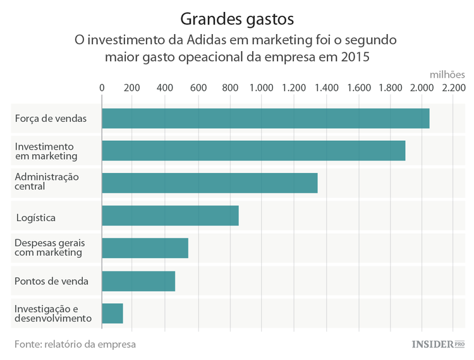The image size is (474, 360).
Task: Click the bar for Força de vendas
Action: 265,118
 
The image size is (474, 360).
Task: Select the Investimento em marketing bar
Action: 253,150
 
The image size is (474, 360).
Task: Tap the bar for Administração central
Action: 209,183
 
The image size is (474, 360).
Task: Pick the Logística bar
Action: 170,215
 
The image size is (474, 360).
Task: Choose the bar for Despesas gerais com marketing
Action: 145,248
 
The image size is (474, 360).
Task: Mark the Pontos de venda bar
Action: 138,281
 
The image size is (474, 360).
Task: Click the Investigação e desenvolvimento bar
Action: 112,313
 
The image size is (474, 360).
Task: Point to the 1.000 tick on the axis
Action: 261,88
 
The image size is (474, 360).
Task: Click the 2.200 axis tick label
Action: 453,88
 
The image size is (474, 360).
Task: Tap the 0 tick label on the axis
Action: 102,88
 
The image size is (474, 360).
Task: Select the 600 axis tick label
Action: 197,88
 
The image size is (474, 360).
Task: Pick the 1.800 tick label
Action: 389,88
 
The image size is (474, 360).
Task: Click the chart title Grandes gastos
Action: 236,16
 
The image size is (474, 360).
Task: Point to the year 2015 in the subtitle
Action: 354,57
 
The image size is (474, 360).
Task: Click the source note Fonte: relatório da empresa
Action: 75,344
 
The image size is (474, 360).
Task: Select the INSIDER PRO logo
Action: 437,344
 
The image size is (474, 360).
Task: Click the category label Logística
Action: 36,218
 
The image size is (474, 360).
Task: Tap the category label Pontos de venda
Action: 51,281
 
